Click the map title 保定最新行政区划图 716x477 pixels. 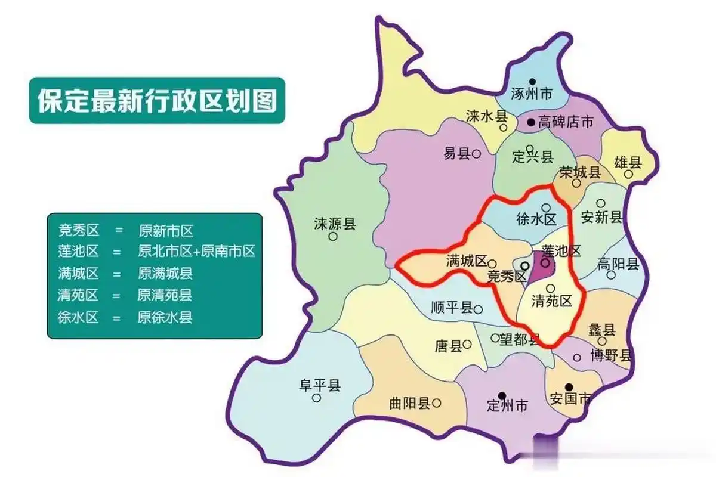[x=157, y=101]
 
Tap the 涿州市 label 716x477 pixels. [x=532, y=94]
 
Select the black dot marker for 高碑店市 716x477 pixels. [x=530, y=123]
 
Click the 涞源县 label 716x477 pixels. [x=335, y=224]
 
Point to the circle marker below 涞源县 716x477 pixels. [x=333, y=237]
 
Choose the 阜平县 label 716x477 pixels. [x=319, y=385]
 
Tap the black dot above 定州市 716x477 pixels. [x=502, y=395]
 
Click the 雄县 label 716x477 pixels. [x=628, y=162]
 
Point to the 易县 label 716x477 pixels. [x=456, y=154]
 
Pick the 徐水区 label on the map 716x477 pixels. [x=536, y=219]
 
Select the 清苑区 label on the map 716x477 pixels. [x=552, y=301]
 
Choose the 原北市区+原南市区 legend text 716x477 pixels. [x=196, y=251]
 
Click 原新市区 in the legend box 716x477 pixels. [x=166, y=230]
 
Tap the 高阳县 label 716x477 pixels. [x=618, y=264]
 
